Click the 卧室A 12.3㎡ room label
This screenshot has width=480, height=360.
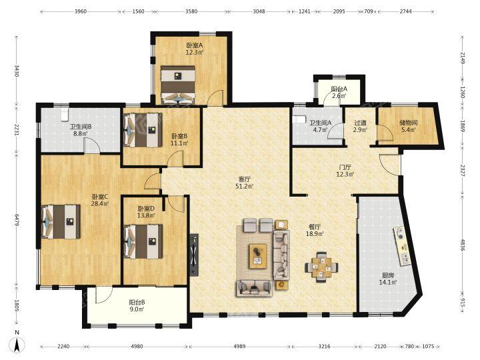195,49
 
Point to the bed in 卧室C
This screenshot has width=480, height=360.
61,221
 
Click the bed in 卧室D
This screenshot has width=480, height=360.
143,241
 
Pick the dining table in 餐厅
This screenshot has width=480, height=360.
321,267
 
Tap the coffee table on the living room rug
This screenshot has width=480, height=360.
258,256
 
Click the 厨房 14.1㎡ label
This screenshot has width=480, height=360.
388,279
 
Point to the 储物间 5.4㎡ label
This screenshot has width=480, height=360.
409,126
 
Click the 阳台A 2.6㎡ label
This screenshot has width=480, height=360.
339,93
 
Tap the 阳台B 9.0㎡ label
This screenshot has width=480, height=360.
137,305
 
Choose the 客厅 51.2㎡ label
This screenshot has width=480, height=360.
245,182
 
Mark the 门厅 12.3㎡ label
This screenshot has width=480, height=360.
345,171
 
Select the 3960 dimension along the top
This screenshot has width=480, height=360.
81,11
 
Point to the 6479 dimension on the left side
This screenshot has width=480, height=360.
17,220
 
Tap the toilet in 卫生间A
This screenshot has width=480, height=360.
299,119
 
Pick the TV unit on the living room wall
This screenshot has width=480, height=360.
194,255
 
